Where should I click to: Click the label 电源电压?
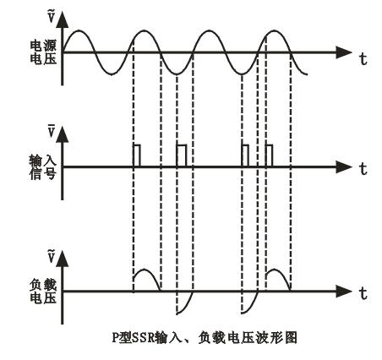click(43, 52)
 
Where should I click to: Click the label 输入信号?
click(43, 168)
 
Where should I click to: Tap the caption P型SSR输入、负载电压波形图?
click(205, 337)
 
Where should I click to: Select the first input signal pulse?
click(137, 145)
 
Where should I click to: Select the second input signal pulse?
click(182, 145)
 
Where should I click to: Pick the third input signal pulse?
click(245, 145)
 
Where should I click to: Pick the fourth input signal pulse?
click(269, 145)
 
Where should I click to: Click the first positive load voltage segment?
click(145, 270)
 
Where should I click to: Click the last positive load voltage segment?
click(277, 270)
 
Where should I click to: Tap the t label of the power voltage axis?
click(363, 59)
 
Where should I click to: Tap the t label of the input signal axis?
click(363, 168)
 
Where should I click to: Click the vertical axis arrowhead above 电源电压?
click(63, 19)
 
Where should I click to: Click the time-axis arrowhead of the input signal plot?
click(344, 167)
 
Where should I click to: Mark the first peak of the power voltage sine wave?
click(79, 30)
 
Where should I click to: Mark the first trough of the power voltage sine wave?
click(112, 74)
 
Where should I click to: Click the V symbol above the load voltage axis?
click(51, 256)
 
